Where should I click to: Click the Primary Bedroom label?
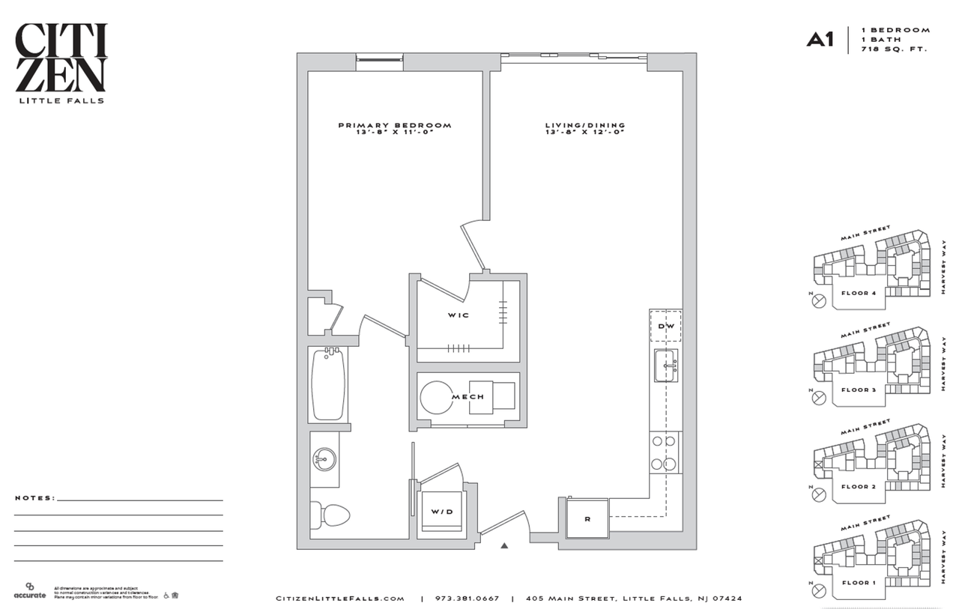pos(395,126)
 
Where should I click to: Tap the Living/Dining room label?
pos(585,126)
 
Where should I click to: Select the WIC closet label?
pos(459,315)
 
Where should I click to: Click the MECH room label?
pos(468,397)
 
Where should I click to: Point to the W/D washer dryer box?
pos(441,512)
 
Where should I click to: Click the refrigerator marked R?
pos(587,517)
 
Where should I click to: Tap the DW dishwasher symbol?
pos(665,327)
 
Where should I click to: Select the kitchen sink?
pos(665,366)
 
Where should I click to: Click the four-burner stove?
pos(665,453)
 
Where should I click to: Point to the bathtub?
pos(328,384)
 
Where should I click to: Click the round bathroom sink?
pos(325,458)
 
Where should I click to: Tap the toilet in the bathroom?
pos(330,515)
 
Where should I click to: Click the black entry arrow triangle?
pos(504,546)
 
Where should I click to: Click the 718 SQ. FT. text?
pos(895,49)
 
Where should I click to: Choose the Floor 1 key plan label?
pos(858,582)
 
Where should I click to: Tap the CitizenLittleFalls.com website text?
pos(340,599)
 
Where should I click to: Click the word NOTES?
pos(34,497)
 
